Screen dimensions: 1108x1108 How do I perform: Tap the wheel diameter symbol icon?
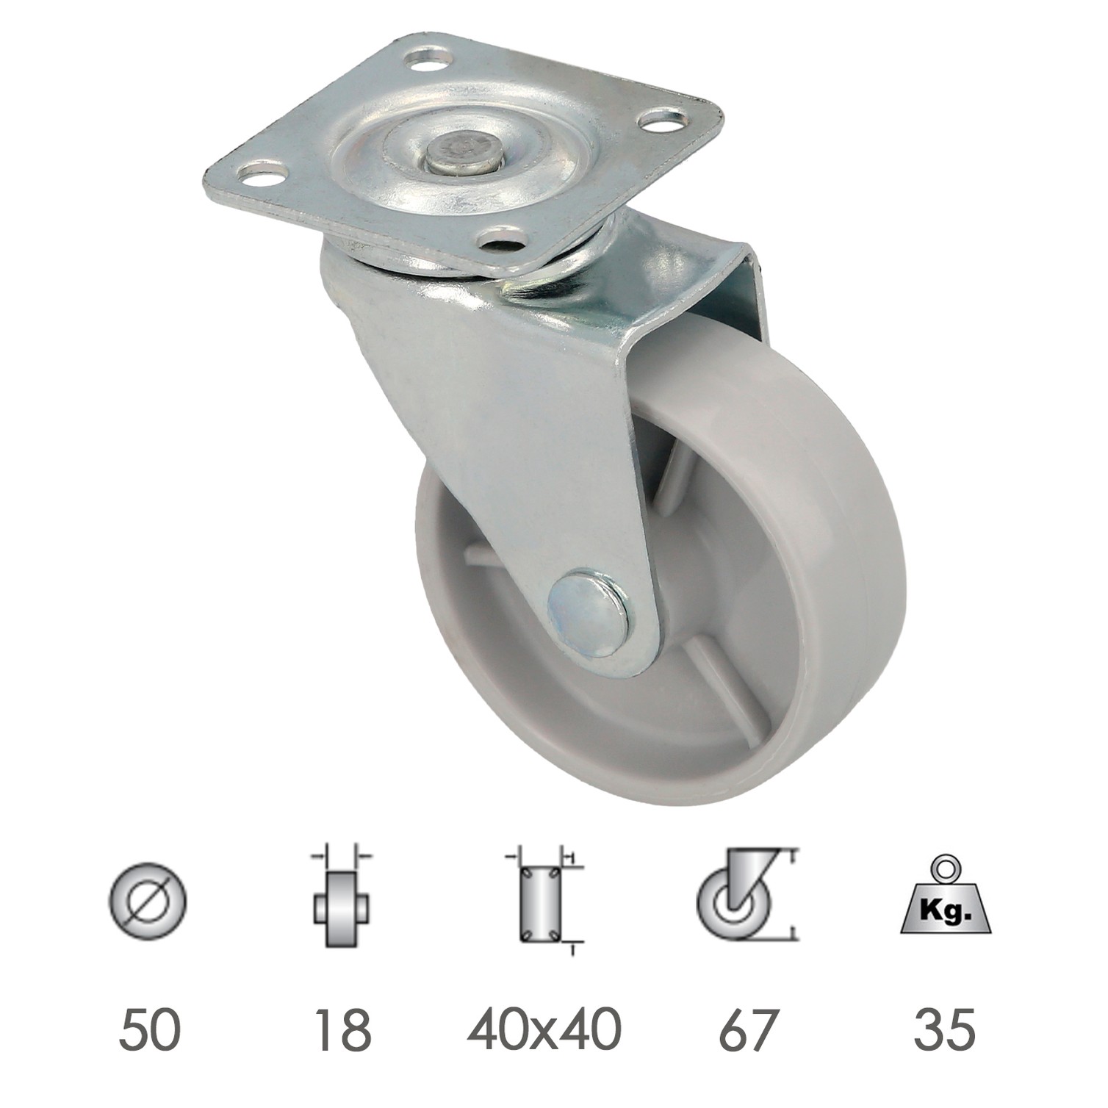coord(148,899)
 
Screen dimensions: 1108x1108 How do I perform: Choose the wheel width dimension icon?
coord(341,898)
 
